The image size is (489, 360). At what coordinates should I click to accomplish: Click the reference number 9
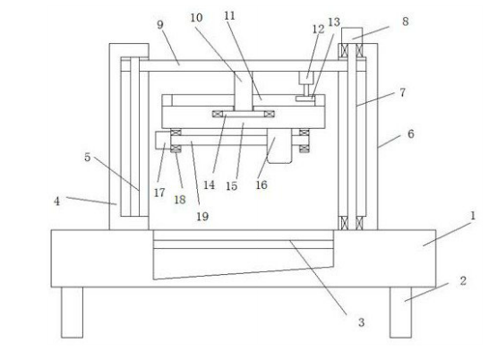pos(160,25)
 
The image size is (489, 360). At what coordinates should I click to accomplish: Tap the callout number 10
pos(196,18)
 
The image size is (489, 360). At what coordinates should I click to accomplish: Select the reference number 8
pos(405,21)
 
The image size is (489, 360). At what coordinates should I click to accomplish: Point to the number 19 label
pos(202,216)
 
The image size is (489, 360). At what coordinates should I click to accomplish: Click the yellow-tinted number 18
pos(180,200)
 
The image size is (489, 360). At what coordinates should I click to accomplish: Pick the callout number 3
pos(361,322)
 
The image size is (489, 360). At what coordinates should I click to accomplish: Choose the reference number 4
pos(56,201)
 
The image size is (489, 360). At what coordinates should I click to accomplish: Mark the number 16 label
pos(262,184)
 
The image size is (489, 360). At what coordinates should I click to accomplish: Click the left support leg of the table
pos(72,313)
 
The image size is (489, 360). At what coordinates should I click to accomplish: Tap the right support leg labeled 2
pos(400,313)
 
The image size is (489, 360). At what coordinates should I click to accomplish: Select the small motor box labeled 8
pos(352,36)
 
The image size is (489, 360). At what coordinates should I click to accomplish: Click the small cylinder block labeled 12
pos(306,78)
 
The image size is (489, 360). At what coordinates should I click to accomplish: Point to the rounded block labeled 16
pos(279,146)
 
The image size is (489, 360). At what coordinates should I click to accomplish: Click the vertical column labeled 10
pos(244,91)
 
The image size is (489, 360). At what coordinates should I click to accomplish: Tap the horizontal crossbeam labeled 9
pos(244,66)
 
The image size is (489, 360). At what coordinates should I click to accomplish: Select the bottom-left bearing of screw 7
pos(343,223)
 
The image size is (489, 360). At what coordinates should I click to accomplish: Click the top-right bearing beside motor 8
pos(359,50)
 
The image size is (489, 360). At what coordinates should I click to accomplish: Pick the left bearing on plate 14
pos(218,114)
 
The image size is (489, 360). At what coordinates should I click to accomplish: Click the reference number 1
pos(472,216)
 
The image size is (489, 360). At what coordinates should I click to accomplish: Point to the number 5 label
pos(88,158)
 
